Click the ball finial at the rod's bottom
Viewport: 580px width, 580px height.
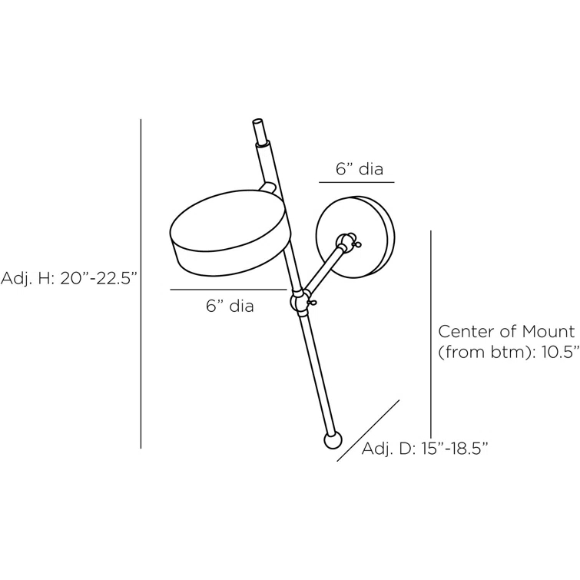tap(333, 440)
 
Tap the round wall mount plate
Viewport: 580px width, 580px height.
tap(356, 237)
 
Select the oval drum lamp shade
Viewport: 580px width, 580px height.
tap(228, 233)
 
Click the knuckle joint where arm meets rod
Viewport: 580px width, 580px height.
tap(300, 300)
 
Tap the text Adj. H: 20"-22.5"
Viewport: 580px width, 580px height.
tap(69, 277)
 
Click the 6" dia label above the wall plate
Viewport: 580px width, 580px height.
tap(360, 169)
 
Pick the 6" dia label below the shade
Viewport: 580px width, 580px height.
tap(230, 306)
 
